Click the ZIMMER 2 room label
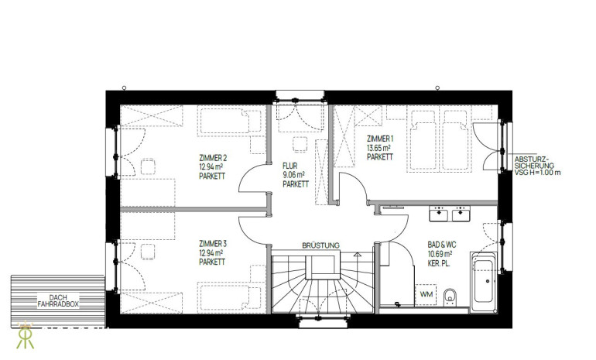[213, 157]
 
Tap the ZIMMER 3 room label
[213, 243]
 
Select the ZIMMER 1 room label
[380, 139]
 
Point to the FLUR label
[290, 166]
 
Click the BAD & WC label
[442, 245]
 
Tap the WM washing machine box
[426, 294]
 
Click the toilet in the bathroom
[450, 297]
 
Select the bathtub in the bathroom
[484, 283]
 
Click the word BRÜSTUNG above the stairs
[320, 245]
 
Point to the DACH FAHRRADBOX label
[58, 300]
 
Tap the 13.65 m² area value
[378, 148]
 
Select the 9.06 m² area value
[293, 175]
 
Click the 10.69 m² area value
[440, 254]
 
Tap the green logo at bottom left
[25, 335]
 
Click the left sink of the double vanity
[440, 214]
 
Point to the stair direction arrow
[358, 255]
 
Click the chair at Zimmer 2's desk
[148, 166]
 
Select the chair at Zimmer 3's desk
[148, 252]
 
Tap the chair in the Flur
[300, 145]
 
